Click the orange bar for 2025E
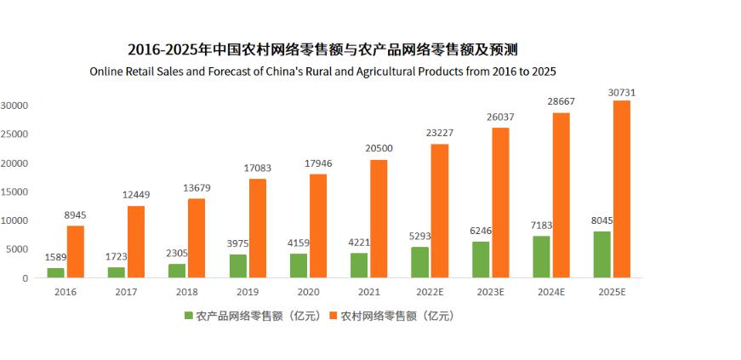click(622, 189)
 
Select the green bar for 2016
click(55, 272)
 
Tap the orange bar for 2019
click(258, 228)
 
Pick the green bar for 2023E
click(481, 260)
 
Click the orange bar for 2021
click(379, 219)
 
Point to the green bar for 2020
click(299, 266)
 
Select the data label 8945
click(76, 215)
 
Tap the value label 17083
click(258, 169)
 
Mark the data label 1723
click(116, 257)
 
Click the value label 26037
click(500, 117)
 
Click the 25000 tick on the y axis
click(14, 134)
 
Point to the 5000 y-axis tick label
click(17, 249)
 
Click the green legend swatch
click(189, 316)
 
